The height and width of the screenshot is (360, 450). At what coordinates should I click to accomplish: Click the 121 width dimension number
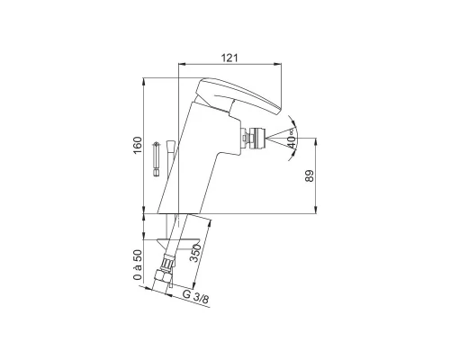pos(229,57)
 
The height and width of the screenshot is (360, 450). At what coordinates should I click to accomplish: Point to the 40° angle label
pos(292,138)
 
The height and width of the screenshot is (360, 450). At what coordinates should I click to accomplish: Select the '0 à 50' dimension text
pos(137,265)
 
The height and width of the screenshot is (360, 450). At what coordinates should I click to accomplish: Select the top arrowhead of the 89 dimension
pos(314,140)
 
